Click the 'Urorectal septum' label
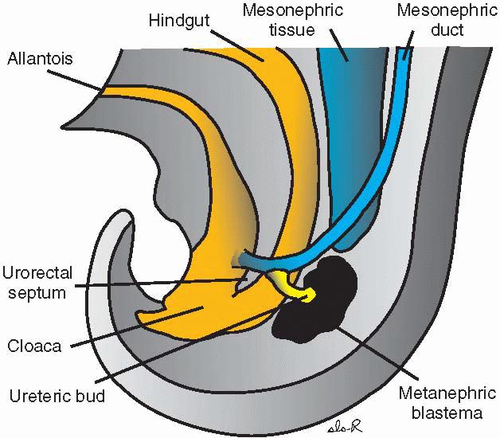[37, 283]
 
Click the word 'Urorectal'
[37, 273]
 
